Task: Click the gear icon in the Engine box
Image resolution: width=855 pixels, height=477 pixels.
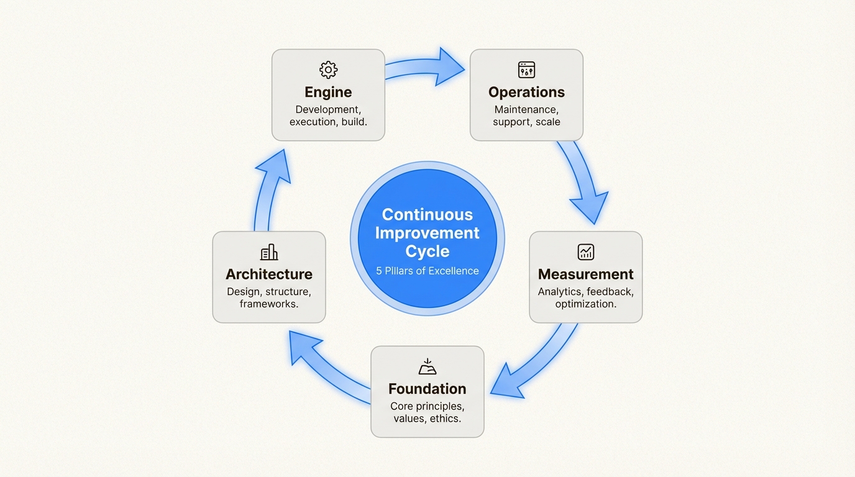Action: [x=328, y=70]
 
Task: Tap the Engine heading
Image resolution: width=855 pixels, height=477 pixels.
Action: [x=328, y=93]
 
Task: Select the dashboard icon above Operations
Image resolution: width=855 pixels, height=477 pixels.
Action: [x=526, y=70]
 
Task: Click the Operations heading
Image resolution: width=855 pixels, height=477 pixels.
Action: [x=526, y=93]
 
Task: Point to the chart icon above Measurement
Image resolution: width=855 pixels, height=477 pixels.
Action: [x=585, y=252]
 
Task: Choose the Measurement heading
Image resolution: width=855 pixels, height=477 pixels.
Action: [x=585, y=275]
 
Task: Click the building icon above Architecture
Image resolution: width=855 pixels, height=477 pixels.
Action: [x=269, y=252]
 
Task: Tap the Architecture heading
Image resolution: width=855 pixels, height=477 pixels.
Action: [x=269, y=275]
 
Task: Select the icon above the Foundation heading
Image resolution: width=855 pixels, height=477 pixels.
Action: [x=428, y=366]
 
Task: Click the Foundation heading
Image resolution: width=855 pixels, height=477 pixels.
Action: [x=428, y=389]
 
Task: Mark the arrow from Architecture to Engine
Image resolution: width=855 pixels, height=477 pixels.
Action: [x=268, y=186]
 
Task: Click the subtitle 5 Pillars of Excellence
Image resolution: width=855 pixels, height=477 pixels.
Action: [x=428, y=271]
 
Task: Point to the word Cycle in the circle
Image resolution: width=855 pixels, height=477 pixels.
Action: [x=428, y=252]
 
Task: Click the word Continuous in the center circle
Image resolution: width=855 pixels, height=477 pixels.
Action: [x=428, y=215]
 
